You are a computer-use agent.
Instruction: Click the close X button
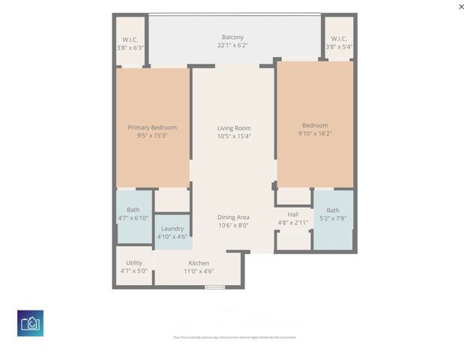461,7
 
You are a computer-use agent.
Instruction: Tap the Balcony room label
232,37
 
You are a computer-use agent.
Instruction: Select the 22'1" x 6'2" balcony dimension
232,45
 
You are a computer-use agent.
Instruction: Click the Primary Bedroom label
152,127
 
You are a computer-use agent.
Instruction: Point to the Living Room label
234,128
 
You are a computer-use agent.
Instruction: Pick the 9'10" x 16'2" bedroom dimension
315,133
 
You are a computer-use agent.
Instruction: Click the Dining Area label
233,217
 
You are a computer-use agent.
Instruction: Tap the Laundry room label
172,229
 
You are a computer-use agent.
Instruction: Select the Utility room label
134,262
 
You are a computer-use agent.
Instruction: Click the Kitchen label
199,263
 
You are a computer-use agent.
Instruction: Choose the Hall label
292,214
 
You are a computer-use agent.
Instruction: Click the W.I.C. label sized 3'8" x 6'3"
130,39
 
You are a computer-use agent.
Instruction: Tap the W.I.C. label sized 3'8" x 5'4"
339,38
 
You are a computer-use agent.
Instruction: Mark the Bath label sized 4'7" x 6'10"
133,210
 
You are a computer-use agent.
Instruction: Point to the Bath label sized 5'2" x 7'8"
333,210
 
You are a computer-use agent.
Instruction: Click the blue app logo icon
30,323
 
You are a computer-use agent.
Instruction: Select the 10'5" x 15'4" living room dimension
234,136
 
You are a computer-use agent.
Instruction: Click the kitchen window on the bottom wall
214,287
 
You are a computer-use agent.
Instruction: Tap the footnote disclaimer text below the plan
234,337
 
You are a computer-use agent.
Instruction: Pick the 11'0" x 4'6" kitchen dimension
199,271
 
